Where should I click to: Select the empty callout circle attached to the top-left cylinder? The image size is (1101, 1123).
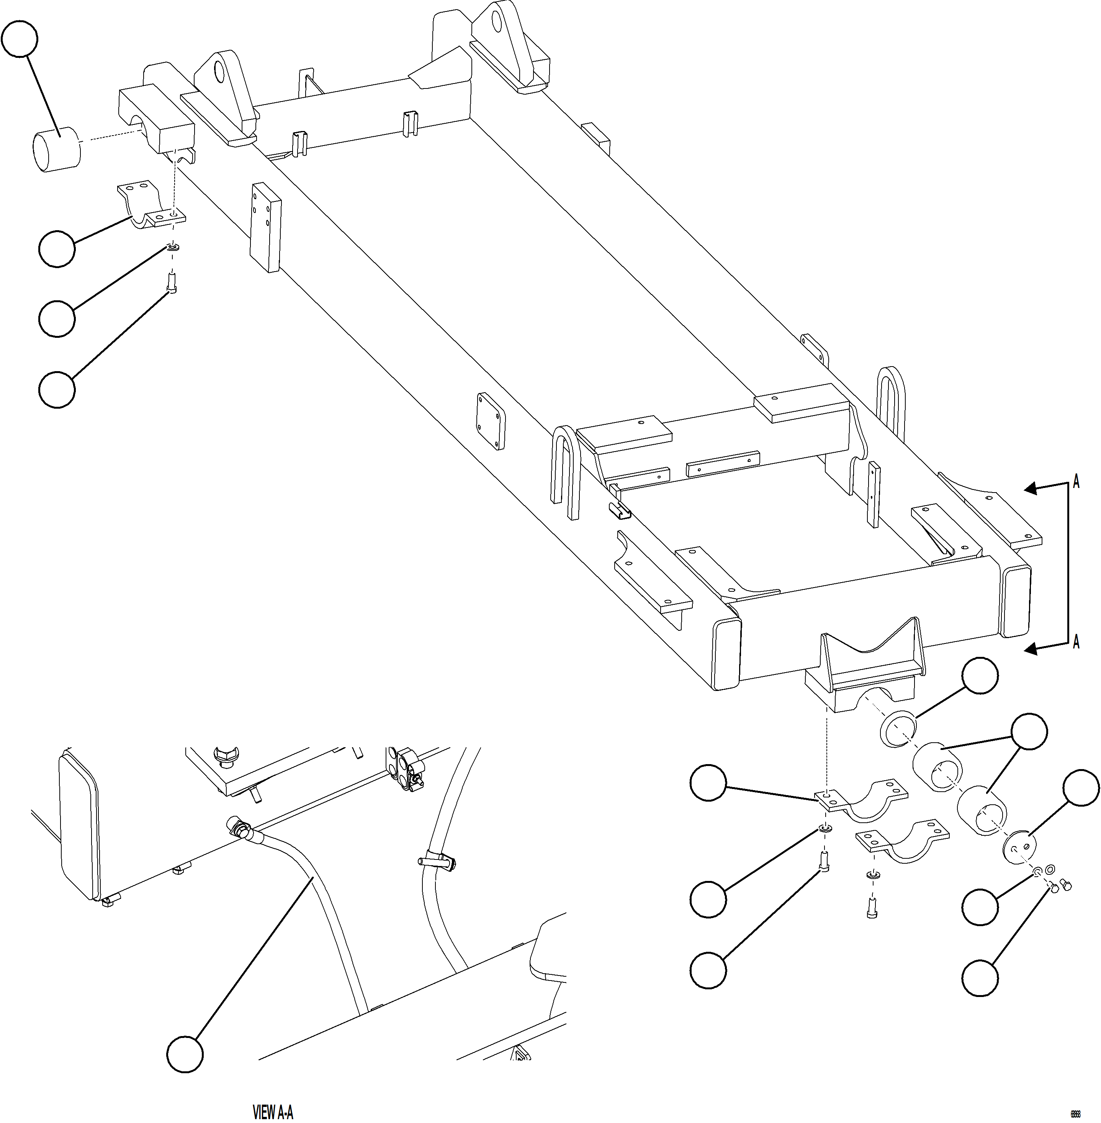tap(20, 39)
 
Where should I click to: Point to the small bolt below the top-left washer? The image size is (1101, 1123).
tap(172, 283)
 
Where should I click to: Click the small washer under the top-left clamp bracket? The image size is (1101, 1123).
tap(173, 249)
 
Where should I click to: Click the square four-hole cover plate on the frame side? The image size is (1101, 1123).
tap(490, 421)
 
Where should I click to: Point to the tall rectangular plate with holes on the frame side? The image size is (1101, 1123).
tap(265, 227)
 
